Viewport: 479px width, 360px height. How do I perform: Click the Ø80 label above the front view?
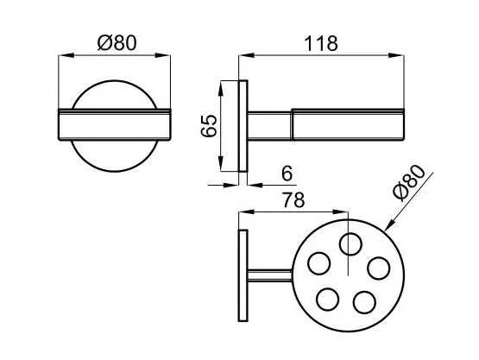pyautogui.click(x=117, y=43)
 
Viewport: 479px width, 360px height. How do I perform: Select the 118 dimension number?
pyautogui.click(x=321, y=44)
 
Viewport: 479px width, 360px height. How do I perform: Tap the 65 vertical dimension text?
pyautogui.click(x=209, y=125)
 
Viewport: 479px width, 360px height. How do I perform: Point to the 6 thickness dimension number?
pyautogui.click(x=287, y=174)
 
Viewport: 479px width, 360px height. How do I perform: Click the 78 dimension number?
pyautogui.click(x=293, y=200)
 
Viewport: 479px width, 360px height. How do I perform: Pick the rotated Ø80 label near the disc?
pyautogui.click(x=409, y=183)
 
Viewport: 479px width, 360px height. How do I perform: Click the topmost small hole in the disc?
pyautogui.click(x=350, y=243)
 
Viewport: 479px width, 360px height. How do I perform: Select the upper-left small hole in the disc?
pyautogui.click(x=319, y=263)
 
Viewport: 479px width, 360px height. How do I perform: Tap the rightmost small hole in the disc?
pyautogui.click(x=379, y=268)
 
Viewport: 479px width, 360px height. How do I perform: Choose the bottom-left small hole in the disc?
pyautogui.click(x=328, y=300)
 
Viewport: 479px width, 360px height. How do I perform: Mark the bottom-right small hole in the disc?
pyautogui.click(x=364, y=302)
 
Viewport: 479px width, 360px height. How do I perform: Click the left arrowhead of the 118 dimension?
pyautogui.click(x=247, y=55)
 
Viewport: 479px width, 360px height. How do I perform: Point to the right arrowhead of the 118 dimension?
pyautogui.click(x=396, y=55)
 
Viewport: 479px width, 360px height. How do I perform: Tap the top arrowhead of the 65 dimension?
pyautogui.click(x=221, y=88)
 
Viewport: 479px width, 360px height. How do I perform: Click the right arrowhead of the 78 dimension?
pyautogui.click(x=340, y=212)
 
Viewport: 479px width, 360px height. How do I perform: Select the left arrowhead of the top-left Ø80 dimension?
pyautogui.click(x=66, y=55)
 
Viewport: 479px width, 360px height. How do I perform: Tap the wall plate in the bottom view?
pyautogui.click(x=243, y=275)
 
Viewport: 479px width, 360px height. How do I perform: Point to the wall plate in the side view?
pyautogui.click(x=243, y=126)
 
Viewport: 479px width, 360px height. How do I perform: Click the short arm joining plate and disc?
pyautogui.click(x=270, y=275)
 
